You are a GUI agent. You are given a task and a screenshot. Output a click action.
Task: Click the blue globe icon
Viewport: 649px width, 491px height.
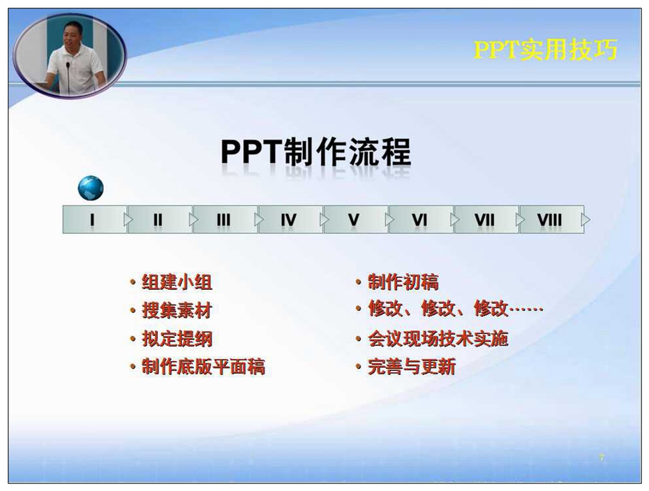coord(91,188)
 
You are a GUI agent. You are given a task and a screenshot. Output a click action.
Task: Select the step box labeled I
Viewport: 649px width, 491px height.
coord(95,219)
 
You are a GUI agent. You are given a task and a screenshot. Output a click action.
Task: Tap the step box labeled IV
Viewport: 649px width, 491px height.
coord(290,219)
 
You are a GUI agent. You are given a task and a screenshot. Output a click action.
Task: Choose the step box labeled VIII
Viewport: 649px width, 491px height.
coord(552,219)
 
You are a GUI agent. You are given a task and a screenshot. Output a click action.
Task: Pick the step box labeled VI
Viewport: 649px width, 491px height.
coord(421,219)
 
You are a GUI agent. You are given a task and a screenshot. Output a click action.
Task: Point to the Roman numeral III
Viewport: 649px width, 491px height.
coord(223,220)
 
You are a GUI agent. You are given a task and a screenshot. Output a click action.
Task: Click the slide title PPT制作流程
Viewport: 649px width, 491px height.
coord(316,152)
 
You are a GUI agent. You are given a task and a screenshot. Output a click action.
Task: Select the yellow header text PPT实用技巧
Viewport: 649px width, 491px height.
coord(546,50)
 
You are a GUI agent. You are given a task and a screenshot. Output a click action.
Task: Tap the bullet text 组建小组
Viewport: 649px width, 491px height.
coord(177,282)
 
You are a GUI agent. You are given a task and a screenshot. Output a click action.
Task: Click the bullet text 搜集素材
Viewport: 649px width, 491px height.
coord(177,310)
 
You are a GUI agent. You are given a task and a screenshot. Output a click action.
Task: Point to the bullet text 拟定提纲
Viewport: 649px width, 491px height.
coord(177,339)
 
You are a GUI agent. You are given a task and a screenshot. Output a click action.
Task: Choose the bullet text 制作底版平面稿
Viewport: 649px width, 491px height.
coord(203,367)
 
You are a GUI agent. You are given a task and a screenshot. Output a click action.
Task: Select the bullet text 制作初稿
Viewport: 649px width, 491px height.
coord(403,282)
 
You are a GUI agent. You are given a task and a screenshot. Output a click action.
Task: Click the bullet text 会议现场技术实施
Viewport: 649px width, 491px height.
coord(438,339)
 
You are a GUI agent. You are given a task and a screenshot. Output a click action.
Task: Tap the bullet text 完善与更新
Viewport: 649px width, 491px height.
coord(412,367)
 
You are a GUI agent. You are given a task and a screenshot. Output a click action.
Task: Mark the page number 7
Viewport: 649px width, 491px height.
coord(602,457)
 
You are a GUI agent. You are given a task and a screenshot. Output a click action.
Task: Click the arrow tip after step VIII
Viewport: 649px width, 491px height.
coord(590,219)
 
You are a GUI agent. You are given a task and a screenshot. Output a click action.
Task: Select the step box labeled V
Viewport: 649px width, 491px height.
coord(356,219)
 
